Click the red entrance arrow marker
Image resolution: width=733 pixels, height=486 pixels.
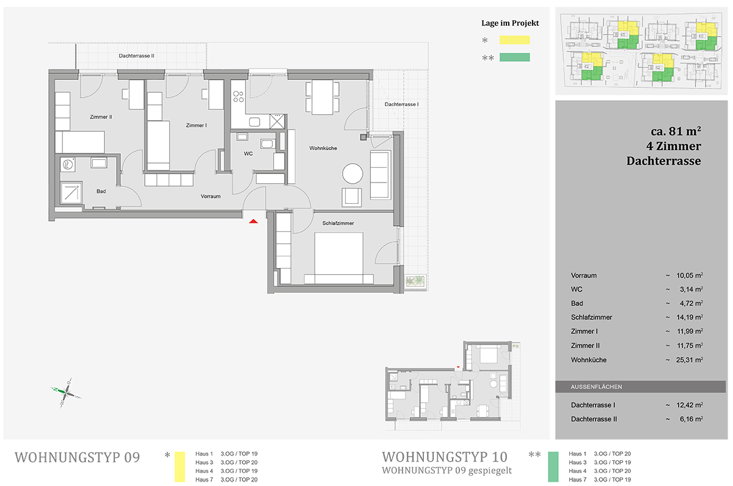tap(253, 222)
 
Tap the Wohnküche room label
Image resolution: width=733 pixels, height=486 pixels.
tap(323, 148)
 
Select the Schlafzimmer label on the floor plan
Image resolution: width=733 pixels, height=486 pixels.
tap(338, 223)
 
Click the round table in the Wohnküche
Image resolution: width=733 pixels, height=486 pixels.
tap(352, 173)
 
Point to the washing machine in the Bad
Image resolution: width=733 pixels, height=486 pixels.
tap(68, 164)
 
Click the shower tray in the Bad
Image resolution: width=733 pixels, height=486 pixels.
tap(71, 193)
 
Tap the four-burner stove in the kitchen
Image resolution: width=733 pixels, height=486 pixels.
tap(238, 96)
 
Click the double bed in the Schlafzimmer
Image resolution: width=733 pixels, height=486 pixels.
tap(338, 258)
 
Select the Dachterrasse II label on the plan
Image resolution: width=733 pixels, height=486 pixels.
tap(136, 56)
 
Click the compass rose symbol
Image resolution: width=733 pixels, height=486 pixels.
tap(66, 393)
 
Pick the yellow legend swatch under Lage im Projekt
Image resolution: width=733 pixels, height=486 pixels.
tap(514, 40)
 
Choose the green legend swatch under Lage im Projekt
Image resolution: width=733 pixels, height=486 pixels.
tap(514, 57)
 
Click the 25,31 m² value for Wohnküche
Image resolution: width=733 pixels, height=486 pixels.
tap(690, 360)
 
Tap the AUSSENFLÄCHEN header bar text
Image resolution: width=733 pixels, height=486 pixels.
tap(596, 386)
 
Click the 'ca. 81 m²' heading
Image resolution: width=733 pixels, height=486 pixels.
tap(676, 131)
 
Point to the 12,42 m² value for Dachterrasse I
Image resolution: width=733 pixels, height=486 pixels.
tap(690, 405)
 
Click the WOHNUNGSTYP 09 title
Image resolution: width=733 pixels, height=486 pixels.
tap(77, 457)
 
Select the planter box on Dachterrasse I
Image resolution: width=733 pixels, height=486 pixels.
tap(415, 281)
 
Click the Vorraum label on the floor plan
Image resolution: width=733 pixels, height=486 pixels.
tap(210, 196)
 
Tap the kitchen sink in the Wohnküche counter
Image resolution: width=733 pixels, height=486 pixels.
tap(254, 122)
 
